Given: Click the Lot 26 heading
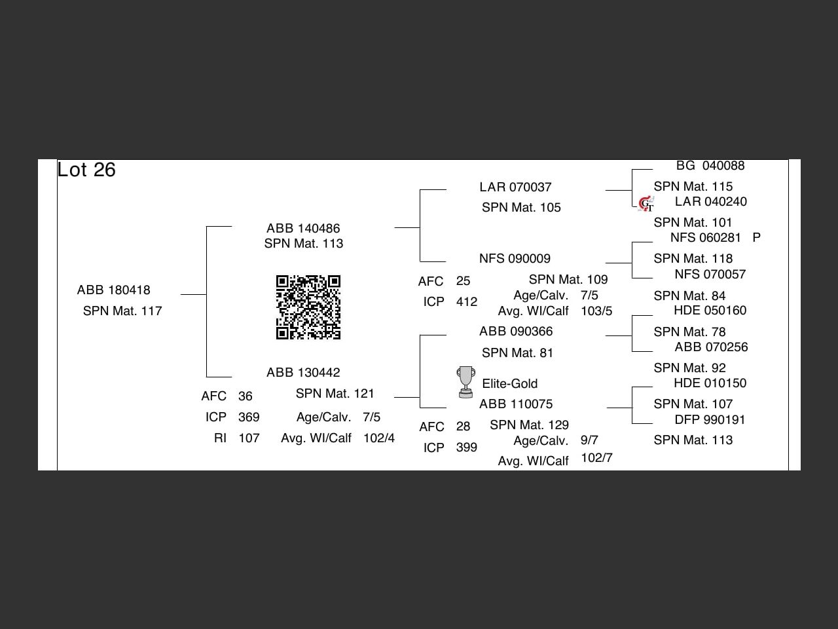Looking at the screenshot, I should point(86,170).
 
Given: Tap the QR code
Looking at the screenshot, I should point(308,307).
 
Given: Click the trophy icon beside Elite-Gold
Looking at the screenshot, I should point(465,382).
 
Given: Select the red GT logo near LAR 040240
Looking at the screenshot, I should point(646,204).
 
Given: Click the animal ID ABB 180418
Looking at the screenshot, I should point(113,290).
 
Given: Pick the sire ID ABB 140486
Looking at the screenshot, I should point(303,228).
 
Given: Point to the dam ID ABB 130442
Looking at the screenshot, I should point(303,372).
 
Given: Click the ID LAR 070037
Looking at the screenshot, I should point(515,187).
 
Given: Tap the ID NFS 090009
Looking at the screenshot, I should point(515,258).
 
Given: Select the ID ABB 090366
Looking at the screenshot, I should point(516,331).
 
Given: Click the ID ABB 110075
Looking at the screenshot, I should point(516,404).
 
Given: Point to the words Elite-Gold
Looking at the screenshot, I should point(509,383).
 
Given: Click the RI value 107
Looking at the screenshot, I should point(249,438).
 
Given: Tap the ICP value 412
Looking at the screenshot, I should point(467,301).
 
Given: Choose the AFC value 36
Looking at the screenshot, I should point(246,396).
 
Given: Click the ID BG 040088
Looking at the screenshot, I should point(710,165).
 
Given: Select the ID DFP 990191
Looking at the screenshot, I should point(710,419).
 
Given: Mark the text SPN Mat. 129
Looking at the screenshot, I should point(529,425).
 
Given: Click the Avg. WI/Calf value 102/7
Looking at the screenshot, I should point(596,457).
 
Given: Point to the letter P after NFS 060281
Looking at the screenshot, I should point(757,237).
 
